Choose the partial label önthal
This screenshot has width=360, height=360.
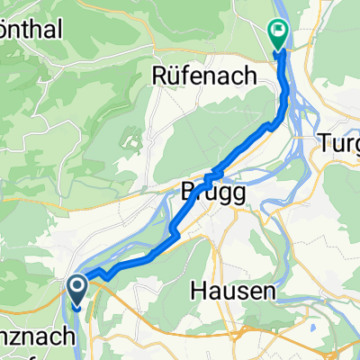pyautogui.click(x=31, y=30)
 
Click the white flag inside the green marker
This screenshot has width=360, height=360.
pyautogui.click(x=279, y=33)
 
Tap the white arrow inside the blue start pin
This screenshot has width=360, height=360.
pyautogui.click(x=77, y=288)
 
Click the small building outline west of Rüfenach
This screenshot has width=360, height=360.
pyautogui.click(x=132, y=139)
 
